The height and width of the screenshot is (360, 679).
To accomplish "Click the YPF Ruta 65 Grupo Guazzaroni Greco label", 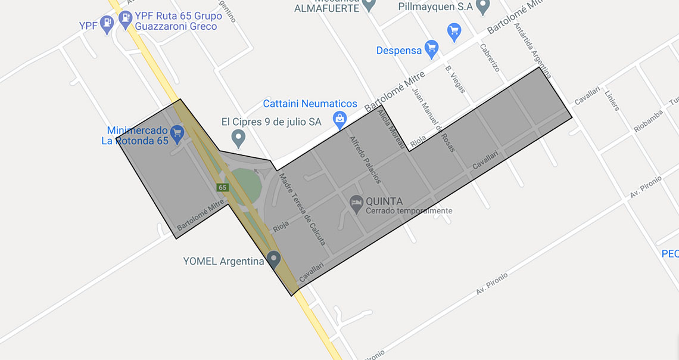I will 178,21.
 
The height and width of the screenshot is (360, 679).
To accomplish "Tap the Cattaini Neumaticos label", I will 310,104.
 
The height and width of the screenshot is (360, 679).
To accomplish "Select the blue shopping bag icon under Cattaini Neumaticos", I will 339,119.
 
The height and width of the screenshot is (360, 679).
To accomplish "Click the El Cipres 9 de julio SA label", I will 271,122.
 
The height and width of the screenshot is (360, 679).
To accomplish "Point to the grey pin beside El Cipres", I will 238,139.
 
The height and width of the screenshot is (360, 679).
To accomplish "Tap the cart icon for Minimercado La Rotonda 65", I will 177,134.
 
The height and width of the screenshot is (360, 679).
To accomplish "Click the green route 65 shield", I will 222,187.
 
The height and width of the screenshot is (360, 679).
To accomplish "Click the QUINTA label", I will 384,201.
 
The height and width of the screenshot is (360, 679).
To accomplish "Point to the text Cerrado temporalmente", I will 409,211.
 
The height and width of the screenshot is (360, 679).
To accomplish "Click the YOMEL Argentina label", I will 223,261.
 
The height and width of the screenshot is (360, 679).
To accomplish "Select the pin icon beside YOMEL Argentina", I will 273,259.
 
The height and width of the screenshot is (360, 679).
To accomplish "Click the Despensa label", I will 399,51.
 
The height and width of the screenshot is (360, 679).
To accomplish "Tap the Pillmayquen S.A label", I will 437,7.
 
